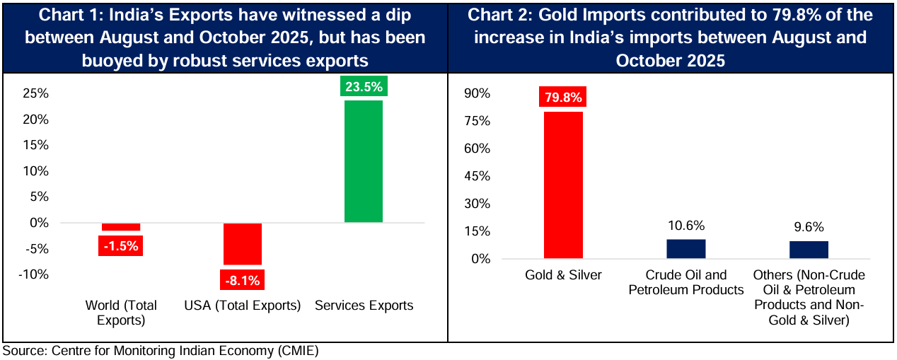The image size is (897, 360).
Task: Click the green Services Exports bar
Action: (x=363, y=161)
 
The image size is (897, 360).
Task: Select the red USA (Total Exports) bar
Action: (x=242, y=244)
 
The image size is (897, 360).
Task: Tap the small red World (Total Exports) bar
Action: (x=121, y=227)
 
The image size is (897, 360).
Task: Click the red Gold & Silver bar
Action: (x=563, y=185)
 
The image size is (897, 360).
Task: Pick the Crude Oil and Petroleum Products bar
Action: (x=685, y=249)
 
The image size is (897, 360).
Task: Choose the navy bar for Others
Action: (x=809, y=250)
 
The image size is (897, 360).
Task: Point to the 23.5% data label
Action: (x=363, y=88)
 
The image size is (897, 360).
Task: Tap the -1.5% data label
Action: (x=121, y=245)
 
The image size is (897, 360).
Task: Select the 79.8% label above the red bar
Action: (x=563, y=98)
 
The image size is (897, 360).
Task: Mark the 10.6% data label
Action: (x=685, y=226)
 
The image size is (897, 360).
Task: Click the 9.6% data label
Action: (x=809, y=227)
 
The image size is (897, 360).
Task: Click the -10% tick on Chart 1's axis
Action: (x=35, y=274)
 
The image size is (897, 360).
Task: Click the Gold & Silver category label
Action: (x=563, y=275)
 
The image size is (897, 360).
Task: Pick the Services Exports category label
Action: (x=363, y=306)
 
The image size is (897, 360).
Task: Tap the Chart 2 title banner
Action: (x=671, y=37)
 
